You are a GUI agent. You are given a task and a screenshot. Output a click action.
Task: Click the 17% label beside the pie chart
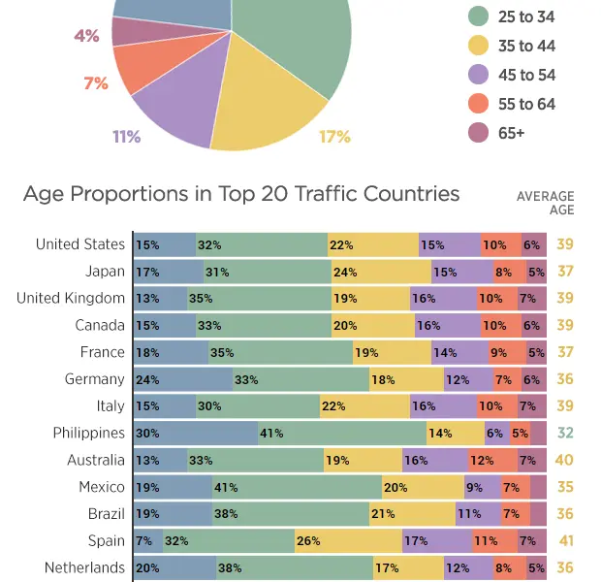pyautogui.click(x=334, y=137)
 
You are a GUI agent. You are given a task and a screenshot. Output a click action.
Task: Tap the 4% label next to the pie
pyautogui.click(x=86, y=36)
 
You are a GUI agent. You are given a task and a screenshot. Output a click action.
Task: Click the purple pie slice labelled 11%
pyautogui.click(x=175, y=112)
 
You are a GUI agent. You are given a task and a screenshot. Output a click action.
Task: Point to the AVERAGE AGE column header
pyautogui.click(x=545, y=203)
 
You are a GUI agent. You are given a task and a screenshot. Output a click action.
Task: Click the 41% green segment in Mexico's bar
pyautogui.click(x=297, y=487)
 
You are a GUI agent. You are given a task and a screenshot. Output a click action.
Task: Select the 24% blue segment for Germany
pyautogui.click(x=182, y=379)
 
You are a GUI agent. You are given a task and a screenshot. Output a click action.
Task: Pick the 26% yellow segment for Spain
pyautogui.click(x=348, y=541)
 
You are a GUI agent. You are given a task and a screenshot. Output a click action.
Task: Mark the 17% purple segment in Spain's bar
pyautogui.click(x=436, y=541)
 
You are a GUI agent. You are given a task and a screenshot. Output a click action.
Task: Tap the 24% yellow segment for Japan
pyautogui.click(x=380, y=272)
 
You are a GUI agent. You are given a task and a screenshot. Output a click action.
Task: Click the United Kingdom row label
pyautogui.click(x=71, y=298)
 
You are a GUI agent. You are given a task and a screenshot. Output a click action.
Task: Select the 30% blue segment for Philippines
pyautogui.click(x=195, y=434)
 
